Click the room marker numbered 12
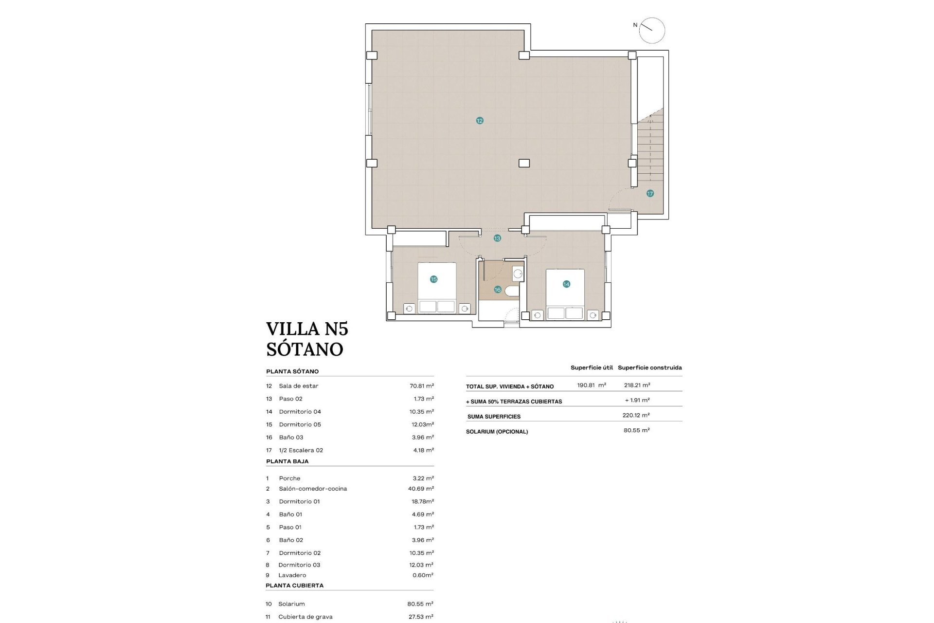[480, 121]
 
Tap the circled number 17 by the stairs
[650, 193]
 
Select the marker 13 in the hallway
[497, 238]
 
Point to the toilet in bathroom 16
[512, 291]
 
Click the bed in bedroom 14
[565, 294]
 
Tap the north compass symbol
[651, 30]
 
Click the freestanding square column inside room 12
[524, 164]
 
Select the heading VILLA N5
[307, 329]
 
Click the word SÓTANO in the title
[305, 349]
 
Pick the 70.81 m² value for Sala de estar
[421, 386]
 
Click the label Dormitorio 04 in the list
[300, 412]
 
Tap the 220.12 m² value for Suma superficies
[636, 415]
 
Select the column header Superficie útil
[591, 368]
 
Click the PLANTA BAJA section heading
[287, 461]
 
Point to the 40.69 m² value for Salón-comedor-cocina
[421, 489]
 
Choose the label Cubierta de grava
[305, 617]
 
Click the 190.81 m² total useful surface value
[591, 385]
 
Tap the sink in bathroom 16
[518, 274]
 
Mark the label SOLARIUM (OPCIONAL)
[497, 432]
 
